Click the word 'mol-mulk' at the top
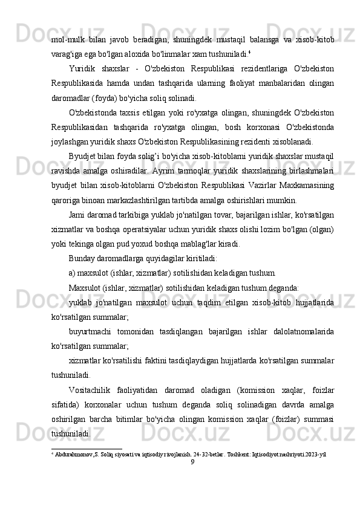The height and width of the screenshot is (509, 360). (x=66, y=39)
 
